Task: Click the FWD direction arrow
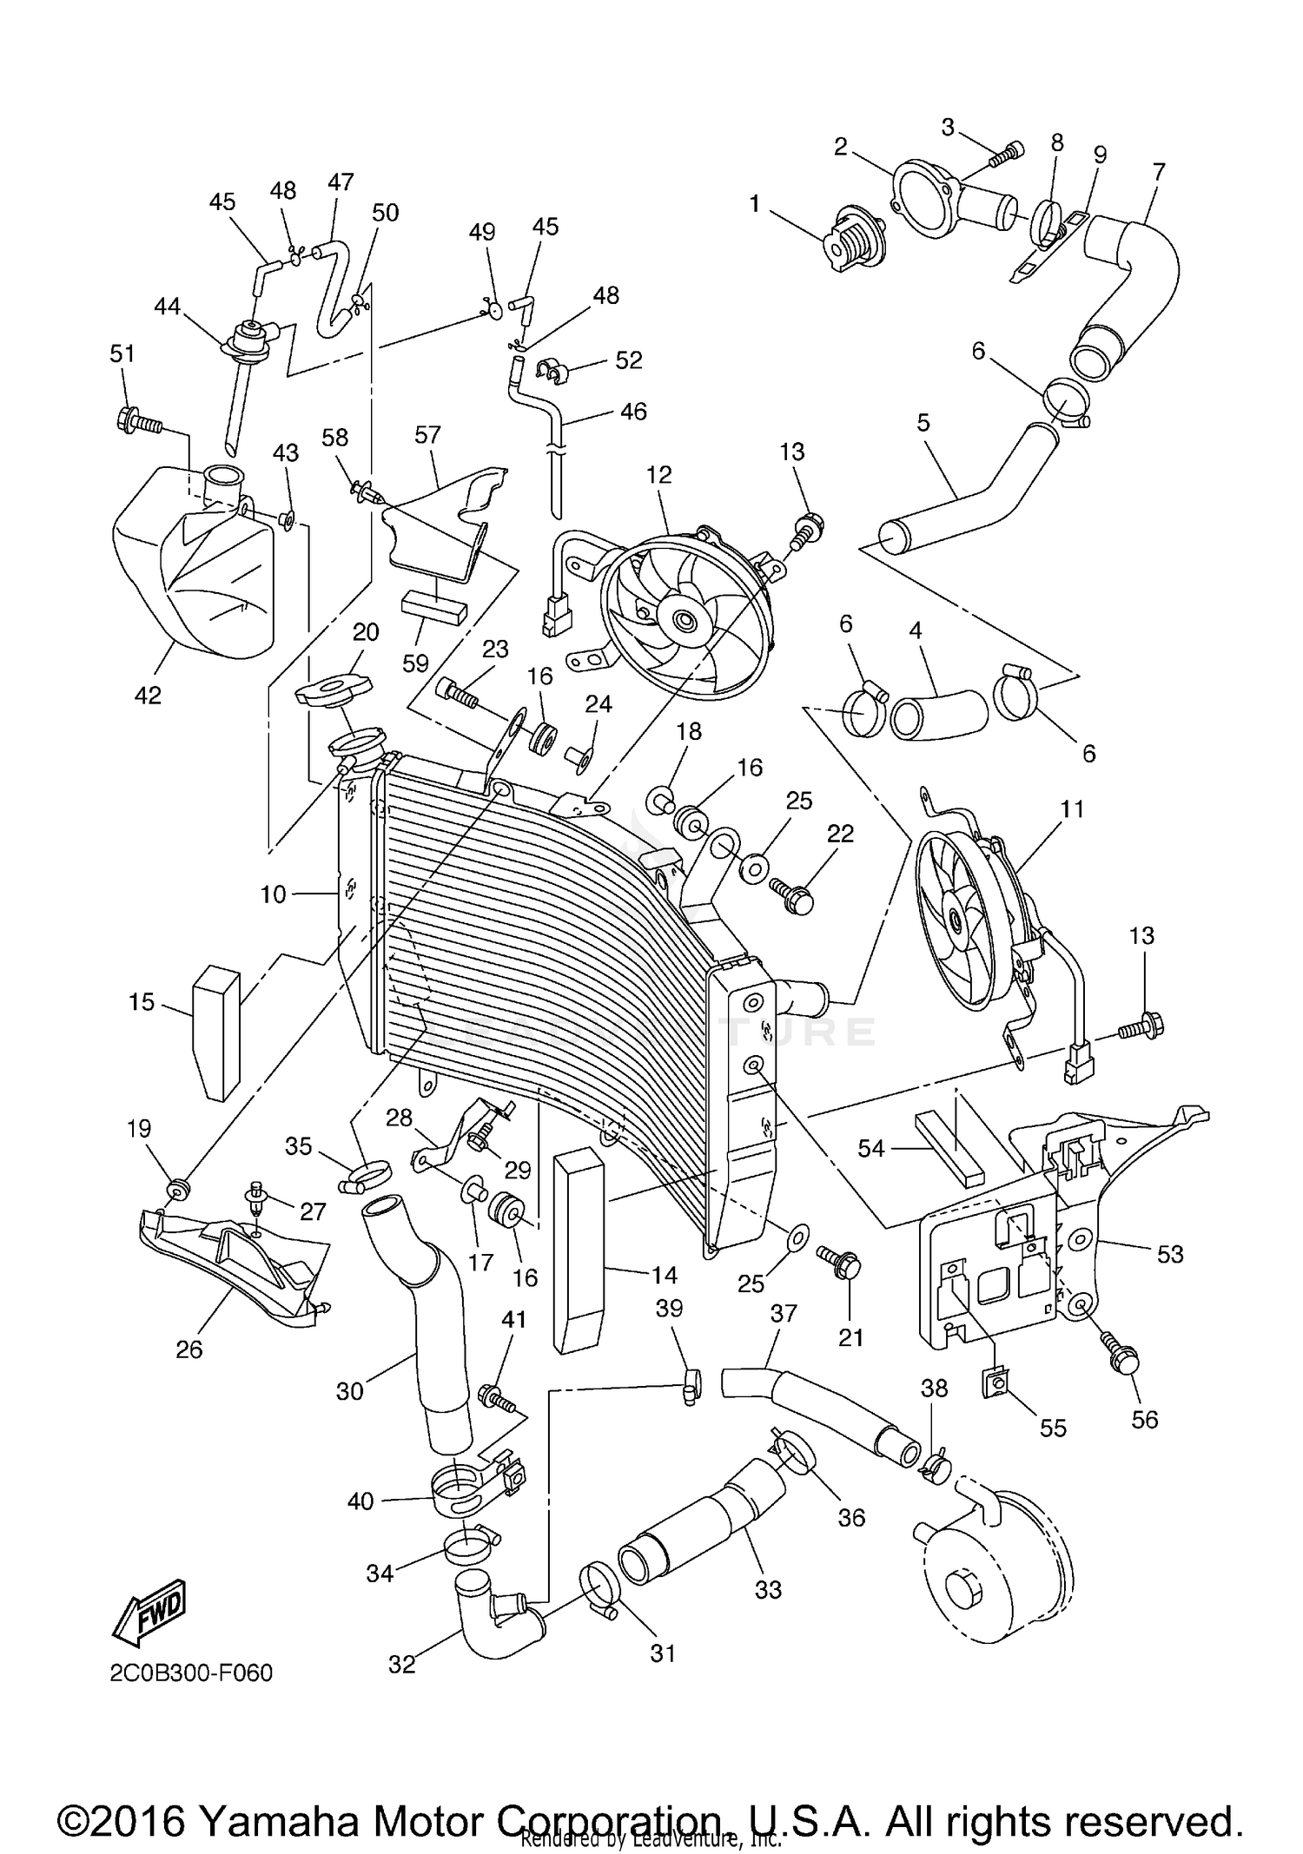point(148,1613)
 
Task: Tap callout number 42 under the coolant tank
point(148,695)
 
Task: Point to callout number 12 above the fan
point(659,474)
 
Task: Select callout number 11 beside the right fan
point(1072,809)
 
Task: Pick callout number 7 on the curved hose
point(1158,172)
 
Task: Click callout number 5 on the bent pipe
point(923,423)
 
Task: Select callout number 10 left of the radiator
point(273,894)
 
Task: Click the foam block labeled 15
point(216,1032)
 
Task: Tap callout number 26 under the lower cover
point(189,1349)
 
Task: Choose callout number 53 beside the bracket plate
point(1170,1254)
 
